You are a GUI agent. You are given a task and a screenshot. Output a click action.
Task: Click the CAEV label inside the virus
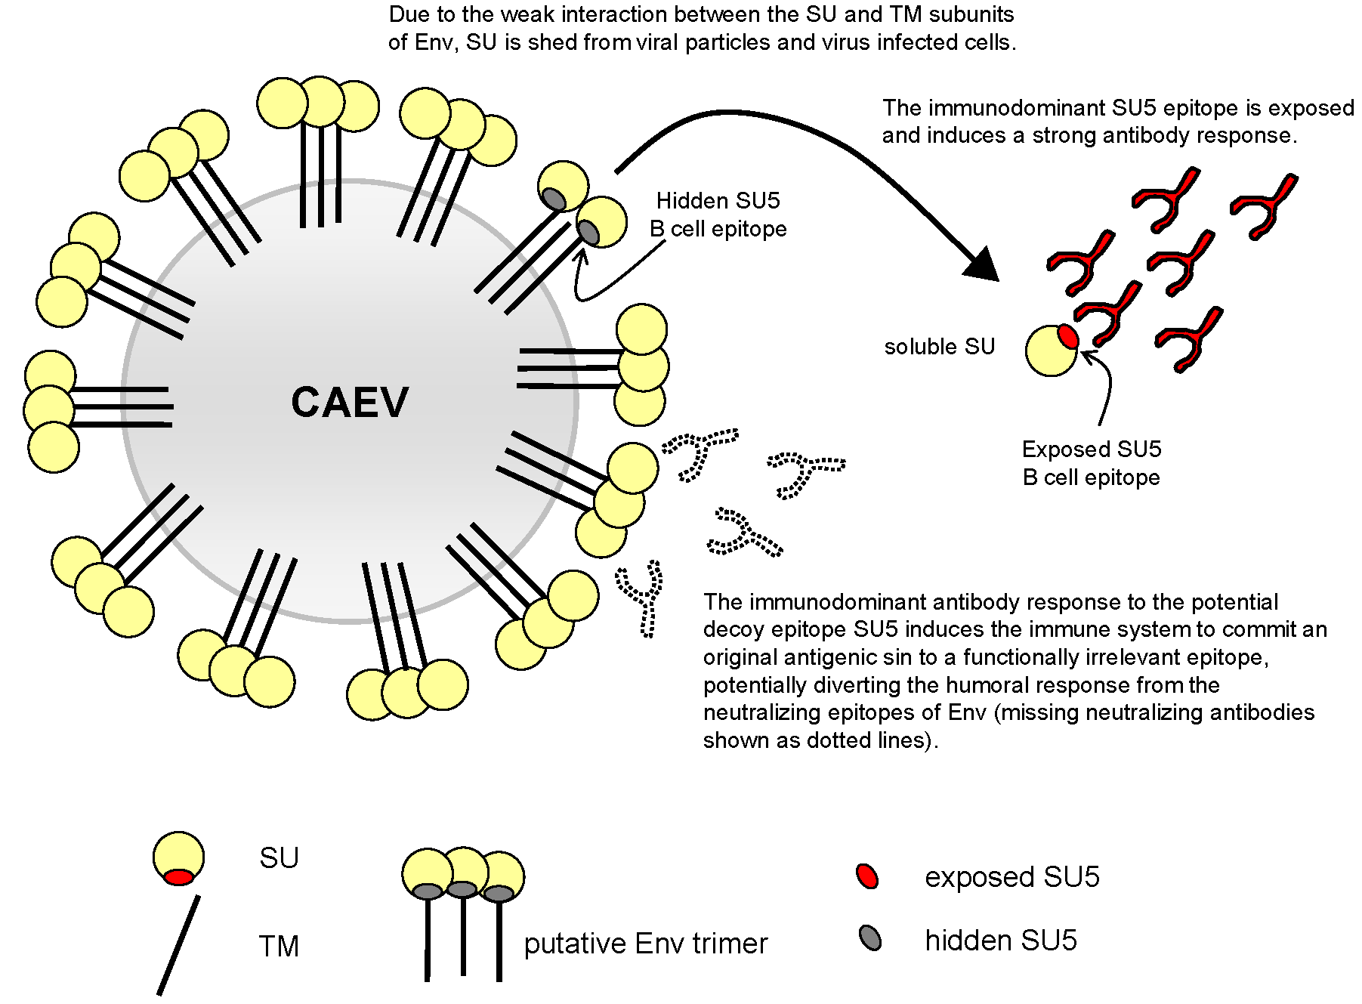[349, 402]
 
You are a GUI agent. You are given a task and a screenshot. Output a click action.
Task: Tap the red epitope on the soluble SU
[1067, 336]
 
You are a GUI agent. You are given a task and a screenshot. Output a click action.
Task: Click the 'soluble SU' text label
[939, 347]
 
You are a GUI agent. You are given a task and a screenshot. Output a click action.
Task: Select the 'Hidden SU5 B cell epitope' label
[718, 215]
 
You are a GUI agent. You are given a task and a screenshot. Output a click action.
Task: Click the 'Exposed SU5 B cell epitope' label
[1091, 463]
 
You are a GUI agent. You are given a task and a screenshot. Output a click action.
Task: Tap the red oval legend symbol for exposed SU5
[867, 876]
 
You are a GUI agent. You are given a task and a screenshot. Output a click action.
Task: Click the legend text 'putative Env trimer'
[645, 944]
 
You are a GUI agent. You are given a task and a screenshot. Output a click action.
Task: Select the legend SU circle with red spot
[178, 859]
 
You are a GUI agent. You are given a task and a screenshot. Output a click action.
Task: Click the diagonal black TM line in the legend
[178, 945]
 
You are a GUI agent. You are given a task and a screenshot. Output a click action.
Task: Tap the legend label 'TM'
[279, 946]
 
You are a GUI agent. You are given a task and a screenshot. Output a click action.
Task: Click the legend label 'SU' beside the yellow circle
[279, 858]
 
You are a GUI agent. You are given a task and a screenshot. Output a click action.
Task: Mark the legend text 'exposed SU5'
[1011, 877]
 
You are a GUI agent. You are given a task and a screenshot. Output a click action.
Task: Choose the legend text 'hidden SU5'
[1000, 941]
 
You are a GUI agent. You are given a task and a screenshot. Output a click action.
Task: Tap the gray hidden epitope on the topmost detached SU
[554, 199]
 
